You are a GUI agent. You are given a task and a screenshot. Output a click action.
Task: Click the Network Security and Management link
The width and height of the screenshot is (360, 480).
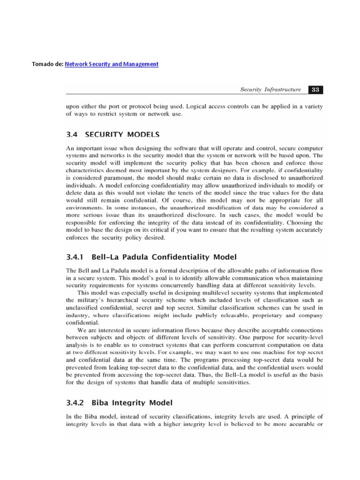click(x=111, y=64)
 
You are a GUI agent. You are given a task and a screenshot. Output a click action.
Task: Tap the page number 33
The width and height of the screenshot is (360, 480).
click(x=315, y=90)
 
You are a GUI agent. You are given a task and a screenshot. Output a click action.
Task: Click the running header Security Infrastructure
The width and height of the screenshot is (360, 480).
click(x=270, y=90)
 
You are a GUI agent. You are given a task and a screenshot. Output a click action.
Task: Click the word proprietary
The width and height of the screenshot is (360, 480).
click(x=271, y=315)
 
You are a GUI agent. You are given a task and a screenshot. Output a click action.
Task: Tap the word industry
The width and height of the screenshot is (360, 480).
click(x=78, y=315)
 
